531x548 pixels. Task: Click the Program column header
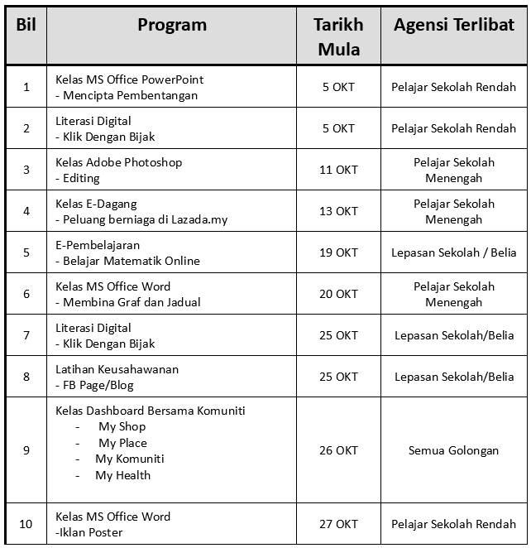tap(172, 25)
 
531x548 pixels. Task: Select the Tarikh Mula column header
tap(338, 36)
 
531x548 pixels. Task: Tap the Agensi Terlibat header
tap(453, 25)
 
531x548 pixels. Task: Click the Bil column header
tap(26, 25)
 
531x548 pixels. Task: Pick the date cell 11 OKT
tap(338, 170)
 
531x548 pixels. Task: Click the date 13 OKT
tap(338, 211)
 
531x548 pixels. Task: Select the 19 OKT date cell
tap(338, 252)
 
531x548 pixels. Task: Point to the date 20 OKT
tap(338, 294)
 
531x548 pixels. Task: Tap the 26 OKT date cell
tap(338, 450)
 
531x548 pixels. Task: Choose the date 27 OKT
tap(338, 524)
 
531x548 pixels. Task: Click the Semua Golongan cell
tap(453, 450)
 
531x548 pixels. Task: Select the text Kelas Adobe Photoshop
tap(119, 162)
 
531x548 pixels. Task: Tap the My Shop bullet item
tap(122, 426)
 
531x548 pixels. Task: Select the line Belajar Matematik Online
tap(131, 261)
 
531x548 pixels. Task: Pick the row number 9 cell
tap(26, 450)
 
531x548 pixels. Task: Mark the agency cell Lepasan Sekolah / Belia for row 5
tap(453, 252)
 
